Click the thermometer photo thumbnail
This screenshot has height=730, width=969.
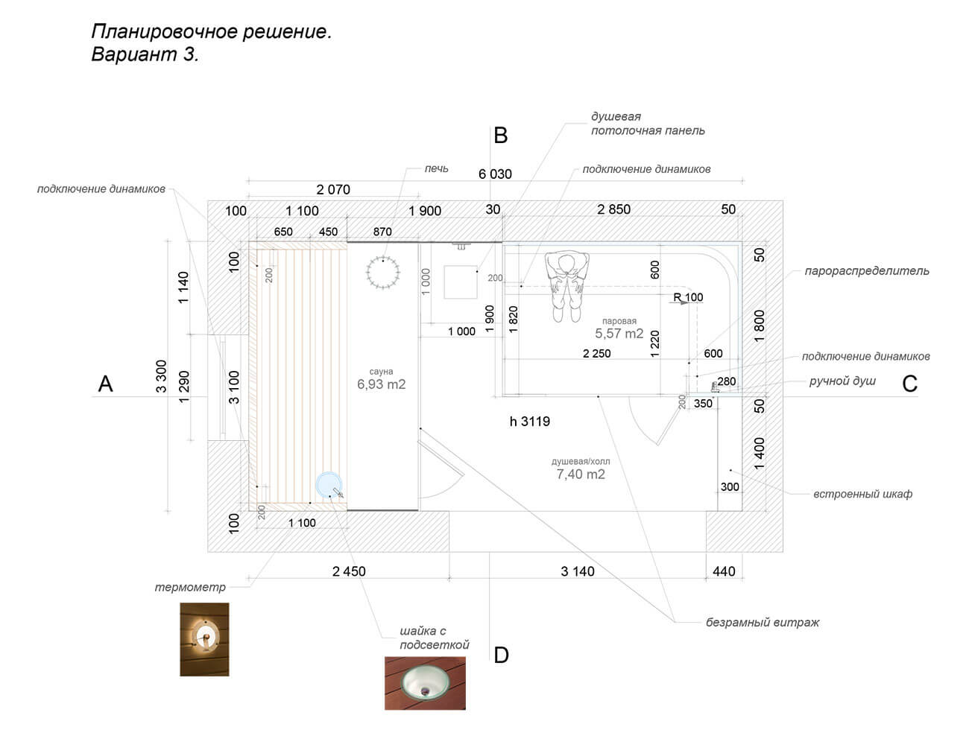click(204, 639)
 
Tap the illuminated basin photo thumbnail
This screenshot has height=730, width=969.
click(425, 682)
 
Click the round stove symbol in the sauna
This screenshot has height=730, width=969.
click(383, 271)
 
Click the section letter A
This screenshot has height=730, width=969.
click(106, 384)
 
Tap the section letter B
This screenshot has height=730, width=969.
click(501, 136)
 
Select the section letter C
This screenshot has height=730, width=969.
click(909, 384)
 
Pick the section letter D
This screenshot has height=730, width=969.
click(502, 655)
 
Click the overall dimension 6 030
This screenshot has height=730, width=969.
click(495, 174)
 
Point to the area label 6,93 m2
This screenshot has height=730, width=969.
click(381, 384)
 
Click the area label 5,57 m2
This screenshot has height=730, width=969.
click(619, 334)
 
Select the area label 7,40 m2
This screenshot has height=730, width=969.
click(581, 474)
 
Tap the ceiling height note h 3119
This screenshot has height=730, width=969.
click(530, 422)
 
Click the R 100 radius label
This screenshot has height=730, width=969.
click(688, 297)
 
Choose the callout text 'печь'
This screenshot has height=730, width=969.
click(437, 168)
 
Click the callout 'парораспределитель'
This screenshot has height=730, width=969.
click(867, 271)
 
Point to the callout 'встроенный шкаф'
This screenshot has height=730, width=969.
click(862, 494)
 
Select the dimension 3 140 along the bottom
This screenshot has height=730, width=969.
click(578, 571)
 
